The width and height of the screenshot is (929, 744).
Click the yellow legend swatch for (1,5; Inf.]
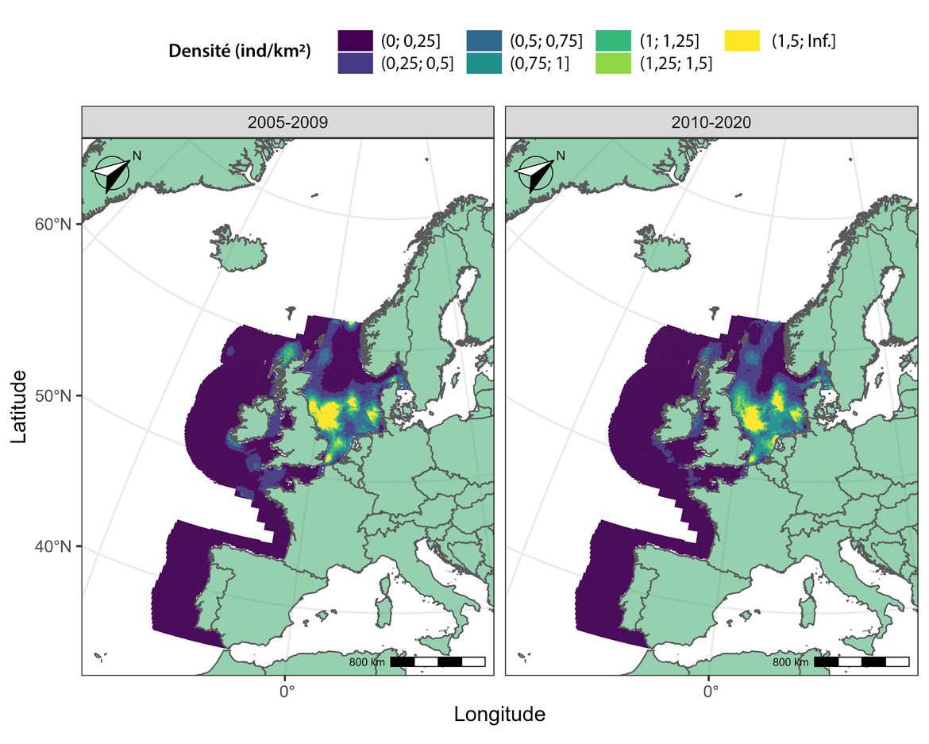pyautogui.click(x=742, y=40)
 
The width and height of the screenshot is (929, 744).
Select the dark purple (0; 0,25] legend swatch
pyautogui.click(x=354, y=40)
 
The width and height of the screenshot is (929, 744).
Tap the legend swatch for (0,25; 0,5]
pyautogui.click(x=354, y=63)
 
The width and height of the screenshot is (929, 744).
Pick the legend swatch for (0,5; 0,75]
pyautogui.click(x=484, y=40)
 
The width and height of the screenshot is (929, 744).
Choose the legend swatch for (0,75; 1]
pyautogui.click(x=484, y=63)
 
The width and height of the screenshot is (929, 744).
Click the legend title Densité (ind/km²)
pyautogui.click(x=240, y=52)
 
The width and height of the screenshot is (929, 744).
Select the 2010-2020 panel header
pyautogui.click(x=711, y=123)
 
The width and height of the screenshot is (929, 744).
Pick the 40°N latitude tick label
pyautogui.click(x=56, y=546)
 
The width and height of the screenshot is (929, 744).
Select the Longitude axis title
pyautogui.click(x=499, y=714)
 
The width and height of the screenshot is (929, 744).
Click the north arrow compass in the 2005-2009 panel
pyautogui.click(x=111, y=173)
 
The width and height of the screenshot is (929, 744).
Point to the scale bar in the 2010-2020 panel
pyautogui.click(x=861, y=661)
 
